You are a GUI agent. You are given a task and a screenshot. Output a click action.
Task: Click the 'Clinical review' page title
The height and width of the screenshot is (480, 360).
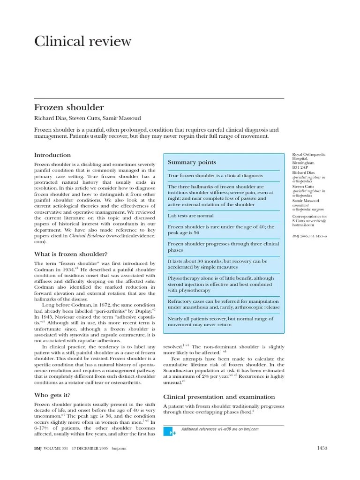(83, 41)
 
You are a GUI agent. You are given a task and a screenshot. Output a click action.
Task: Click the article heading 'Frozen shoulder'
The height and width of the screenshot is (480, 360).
(69, 107)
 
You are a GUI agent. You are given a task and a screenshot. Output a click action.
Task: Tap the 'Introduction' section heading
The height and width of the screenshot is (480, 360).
(52, 155)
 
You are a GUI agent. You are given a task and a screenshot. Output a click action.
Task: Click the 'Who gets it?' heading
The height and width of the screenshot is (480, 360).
(52, 395)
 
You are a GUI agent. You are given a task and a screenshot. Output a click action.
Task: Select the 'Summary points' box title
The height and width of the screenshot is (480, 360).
(192, 162)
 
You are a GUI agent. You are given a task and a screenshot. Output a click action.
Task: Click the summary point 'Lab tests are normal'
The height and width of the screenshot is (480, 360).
(190, 216)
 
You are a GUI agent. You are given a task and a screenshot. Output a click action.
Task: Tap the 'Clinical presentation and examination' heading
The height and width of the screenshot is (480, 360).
(218, 397)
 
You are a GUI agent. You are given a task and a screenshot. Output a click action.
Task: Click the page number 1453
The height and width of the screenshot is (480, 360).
(322, 448)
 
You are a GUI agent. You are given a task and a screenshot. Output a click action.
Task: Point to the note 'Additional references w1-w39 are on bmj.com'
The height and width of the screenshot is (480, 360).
(219, 429)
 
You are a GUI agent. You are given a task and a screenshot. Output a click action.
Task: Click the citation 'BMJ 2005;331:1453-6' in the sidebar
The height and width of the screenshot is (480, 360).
(309, 236)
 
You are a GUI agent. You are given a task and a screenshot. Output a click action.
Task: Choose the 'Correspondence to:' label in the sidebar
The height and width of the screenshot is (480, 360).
(308, 217)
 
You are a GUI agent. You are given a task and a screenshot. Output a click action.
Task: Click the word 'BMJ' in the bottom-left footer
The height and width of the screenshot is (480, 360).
(38, 448)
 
